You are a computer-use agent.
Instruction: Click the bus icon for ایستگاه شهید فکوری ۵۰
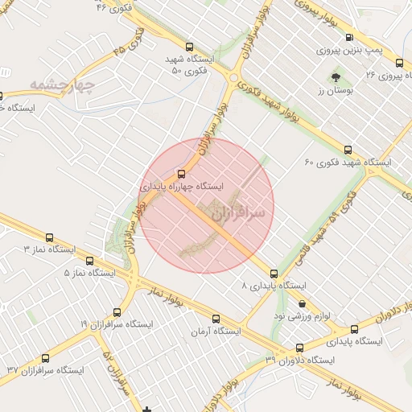pyautogui.click(x=189, y=47)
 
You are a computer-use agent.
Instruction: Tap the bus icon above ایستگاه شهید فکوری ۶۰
pyautogui.click(x=348, y=150)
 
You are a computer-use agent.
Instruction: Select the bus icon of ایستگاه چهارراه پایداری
pyautogui.click(x=180, y=173)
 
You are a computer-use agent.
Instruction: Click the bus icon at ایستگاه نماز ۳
pyautogui.click(x=50, y=238)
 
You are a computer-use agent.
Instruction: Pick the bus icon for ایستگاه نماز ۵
pyautogui.click(x=90, y=261)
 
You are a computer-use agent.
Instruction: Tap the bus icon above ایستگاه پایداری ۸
pyautogui.click(x=274, y=274)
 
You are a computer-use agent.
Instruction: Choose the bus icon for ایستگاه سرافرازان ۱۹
pyautogui.click(x=116, y=311)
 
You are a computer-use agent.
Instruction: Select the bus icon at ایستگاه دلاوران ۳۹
pyautogui.click(x=300, y=348)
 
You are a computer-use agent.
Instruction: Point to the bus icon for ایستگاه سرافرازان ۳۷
pyautogui.click(x=44, y=359)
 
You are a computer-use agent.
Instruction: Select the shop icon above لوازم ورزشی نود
pyautogui.click(x=302, y=304)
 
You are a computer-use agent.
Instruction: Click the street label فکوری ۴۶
pyautogui.click(x=114, y=8)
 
